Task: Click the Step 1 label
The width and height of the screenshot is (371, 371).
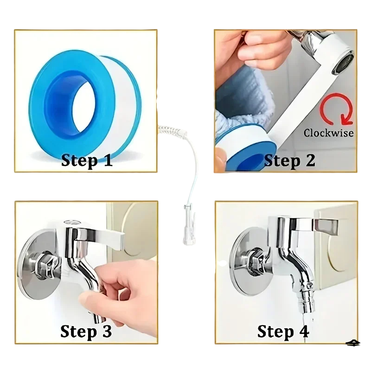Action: tap(87, 160)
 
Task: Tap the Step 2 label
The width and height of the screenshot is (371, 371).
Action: tap(289, 161)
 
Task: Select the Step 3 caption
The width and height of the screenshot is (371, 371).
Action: tap(86, 331)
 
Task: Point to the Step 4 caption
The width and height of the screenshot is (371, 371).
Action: tap(283, 331)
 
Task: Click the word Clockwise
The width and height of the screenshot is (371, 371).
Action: tap(329, 133)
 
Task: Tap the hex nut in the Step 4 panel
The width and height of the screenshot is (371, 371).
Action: tap(258, 262)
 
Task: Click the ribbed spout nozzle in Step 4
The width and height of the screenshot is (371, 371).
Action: tap(307, 299)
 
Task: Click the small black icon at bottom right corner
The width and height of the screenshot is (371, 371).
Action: tap(352, 343)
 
